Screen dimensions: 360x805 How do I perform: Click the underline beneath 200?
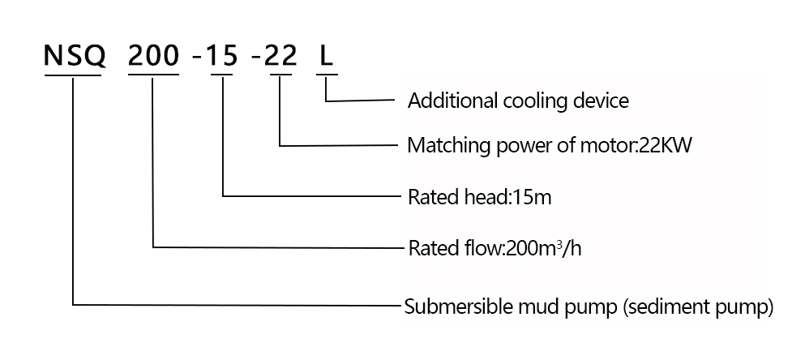(153, 75)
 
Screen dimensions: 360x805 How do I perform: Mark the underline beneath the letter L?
(327, 75)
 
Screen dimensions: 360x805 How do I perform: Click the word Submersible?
(450, 307)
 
